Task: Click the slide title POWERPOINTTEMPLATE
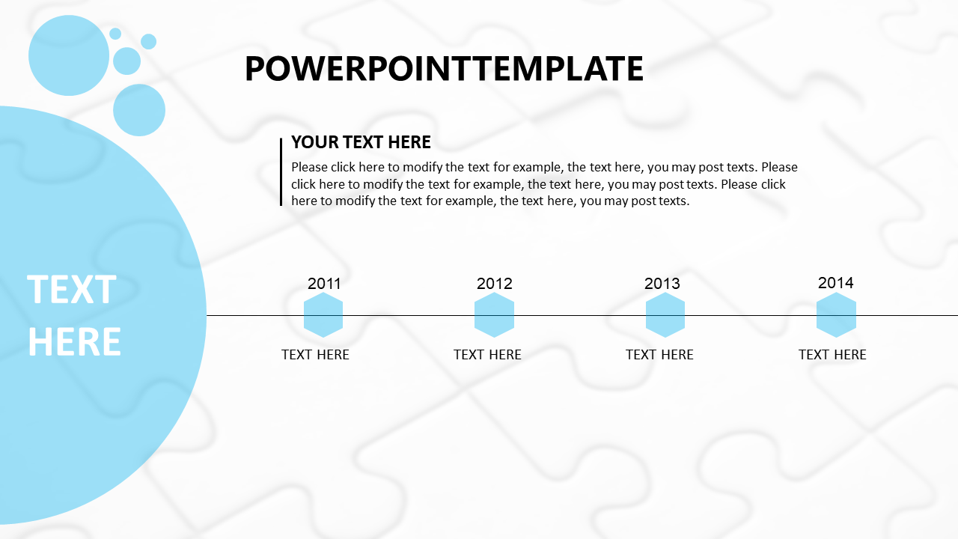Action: point(444,68)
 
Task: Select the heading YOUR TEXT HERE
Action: point(361,142)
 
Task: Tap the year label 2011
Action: point(324,284)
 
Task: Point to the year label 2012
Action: point(495,284)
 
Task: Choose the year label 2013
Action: point(662,284)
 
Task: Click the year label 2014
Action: point(836,283)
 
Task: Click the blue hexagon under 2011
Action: point(323,315)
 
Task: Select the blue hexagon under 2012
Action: point(495,315)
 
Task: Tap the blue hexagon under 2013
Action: point(665,315)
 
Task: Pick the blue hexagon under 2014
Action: point(836,315)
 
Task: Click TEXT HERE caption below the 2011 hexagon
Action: point(315,355)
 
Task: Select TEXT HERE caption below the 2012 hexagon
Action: point(487,355)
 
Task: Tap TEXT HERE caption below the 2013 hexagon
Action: point(659,355)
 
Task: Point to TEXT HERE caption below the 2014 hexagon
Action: point(832,355)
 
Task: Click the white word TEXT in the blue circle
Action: point(72,290)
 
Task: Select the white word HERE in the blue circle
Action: point(74,341)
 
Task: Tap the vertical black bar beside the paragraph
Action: point(281,172)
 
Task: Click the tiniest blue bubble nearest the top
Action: point(115,34)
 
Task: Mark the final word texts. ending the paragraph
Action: point(673,201)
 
